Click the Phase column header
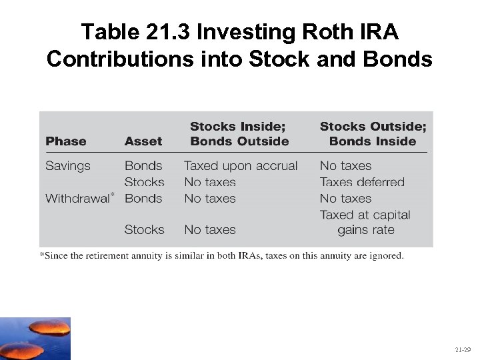tap(65, 141)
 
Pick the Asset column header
tap(143, 141)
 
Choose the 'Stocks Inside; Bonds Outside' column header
tap(239, 133)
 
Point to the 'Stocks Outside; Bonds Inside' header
tap(373, 133)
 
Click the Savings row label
tap(67, 166)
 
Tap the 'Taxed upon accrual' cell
tap(241, 166)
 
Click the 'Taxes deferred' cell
tap(362, 182)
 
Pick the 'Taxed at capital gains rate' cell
tap(365, 223)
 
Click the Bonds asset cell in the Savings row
tap(143, 166)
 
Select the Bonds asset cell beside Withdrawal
tap(143, 198)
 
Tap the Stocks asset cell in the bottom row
tap(144, 229)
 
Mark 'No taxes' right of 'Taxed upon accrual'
tap(345, 166)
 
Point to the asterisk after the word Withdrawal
tap(113, 194)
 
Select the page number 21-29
tap(463, 349)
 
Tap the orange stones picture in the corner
tap(35, 339)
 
